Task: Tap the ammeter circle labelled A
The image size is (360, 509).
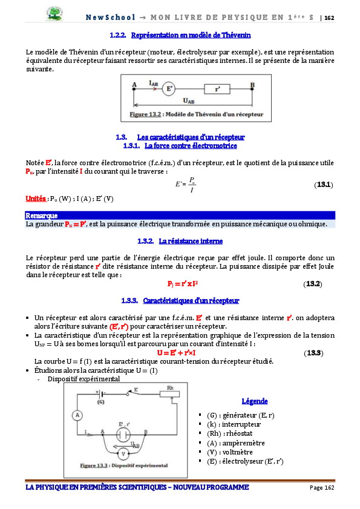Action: tap(77, 415)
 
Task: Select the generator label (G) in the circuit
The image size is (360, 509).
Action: tap(100, 401)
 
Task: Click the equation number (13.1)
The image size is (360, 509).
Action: tap(323, 185)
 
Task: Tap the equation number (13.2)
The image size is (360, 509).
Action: tap(312, 284)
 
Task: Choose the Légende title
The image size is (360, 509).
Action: tap(254, 401)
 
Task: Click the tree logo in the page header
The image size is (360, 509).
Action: tap(57, 13)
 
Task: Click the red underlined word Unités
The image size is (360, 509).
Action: tap(36, 199)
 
